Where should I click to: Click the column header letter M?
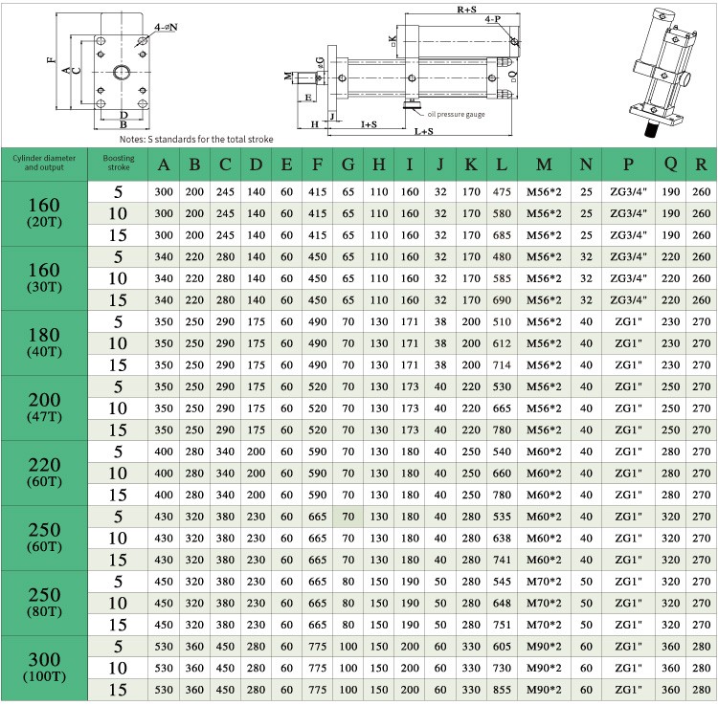(x=544, y=165)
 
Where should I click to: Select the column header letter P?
(x=628, y=165)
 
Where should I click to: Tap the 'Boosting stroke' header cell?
(x=118, y=163)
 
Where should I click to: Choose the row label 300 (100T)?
(x=44, y=667)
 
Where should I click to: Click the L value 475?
(x=502, y=192)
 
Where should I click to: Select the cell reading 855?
(x=502, y=690)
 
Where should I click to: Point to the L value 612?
(x=502, y=343)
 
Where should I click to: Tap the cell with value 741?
(x=502, y=560)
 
